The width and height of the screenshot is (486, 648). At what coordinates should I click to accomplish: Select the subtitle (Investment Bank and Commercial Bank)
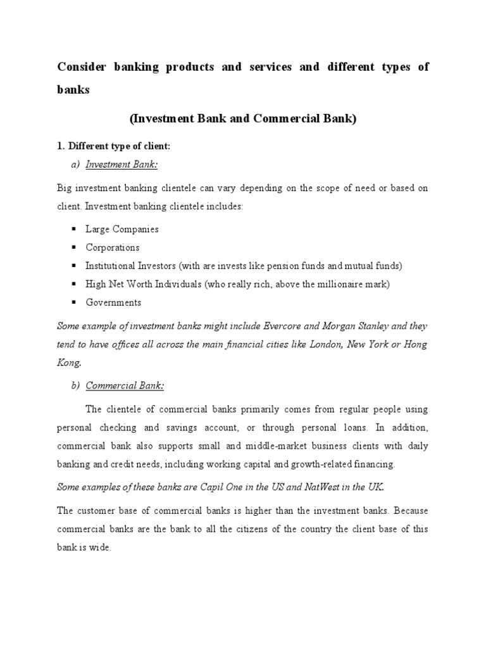tap(243, 118)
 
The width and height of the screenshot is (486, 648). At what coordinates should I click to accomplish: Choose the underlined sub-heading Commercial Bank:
tap(125, 385)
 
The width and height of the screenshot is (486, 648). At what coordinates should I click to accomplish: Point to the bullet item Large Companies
tap(122, 229)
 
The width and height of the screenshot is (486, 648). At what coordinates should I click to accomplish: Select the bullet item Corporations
tap(113, 247)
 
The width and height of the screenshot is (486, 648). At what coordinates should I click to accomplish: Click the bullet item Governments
tap(113, 302)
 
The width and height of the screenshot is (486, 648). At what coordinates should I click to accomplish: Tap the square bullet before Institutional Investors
tap(73, 266)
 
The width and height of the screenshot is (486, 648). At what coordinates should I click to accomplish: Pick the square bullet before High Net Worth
tap(73, 284)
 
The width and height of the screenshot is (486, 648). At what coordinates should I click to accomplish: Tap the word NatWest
tap(310, 487)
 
